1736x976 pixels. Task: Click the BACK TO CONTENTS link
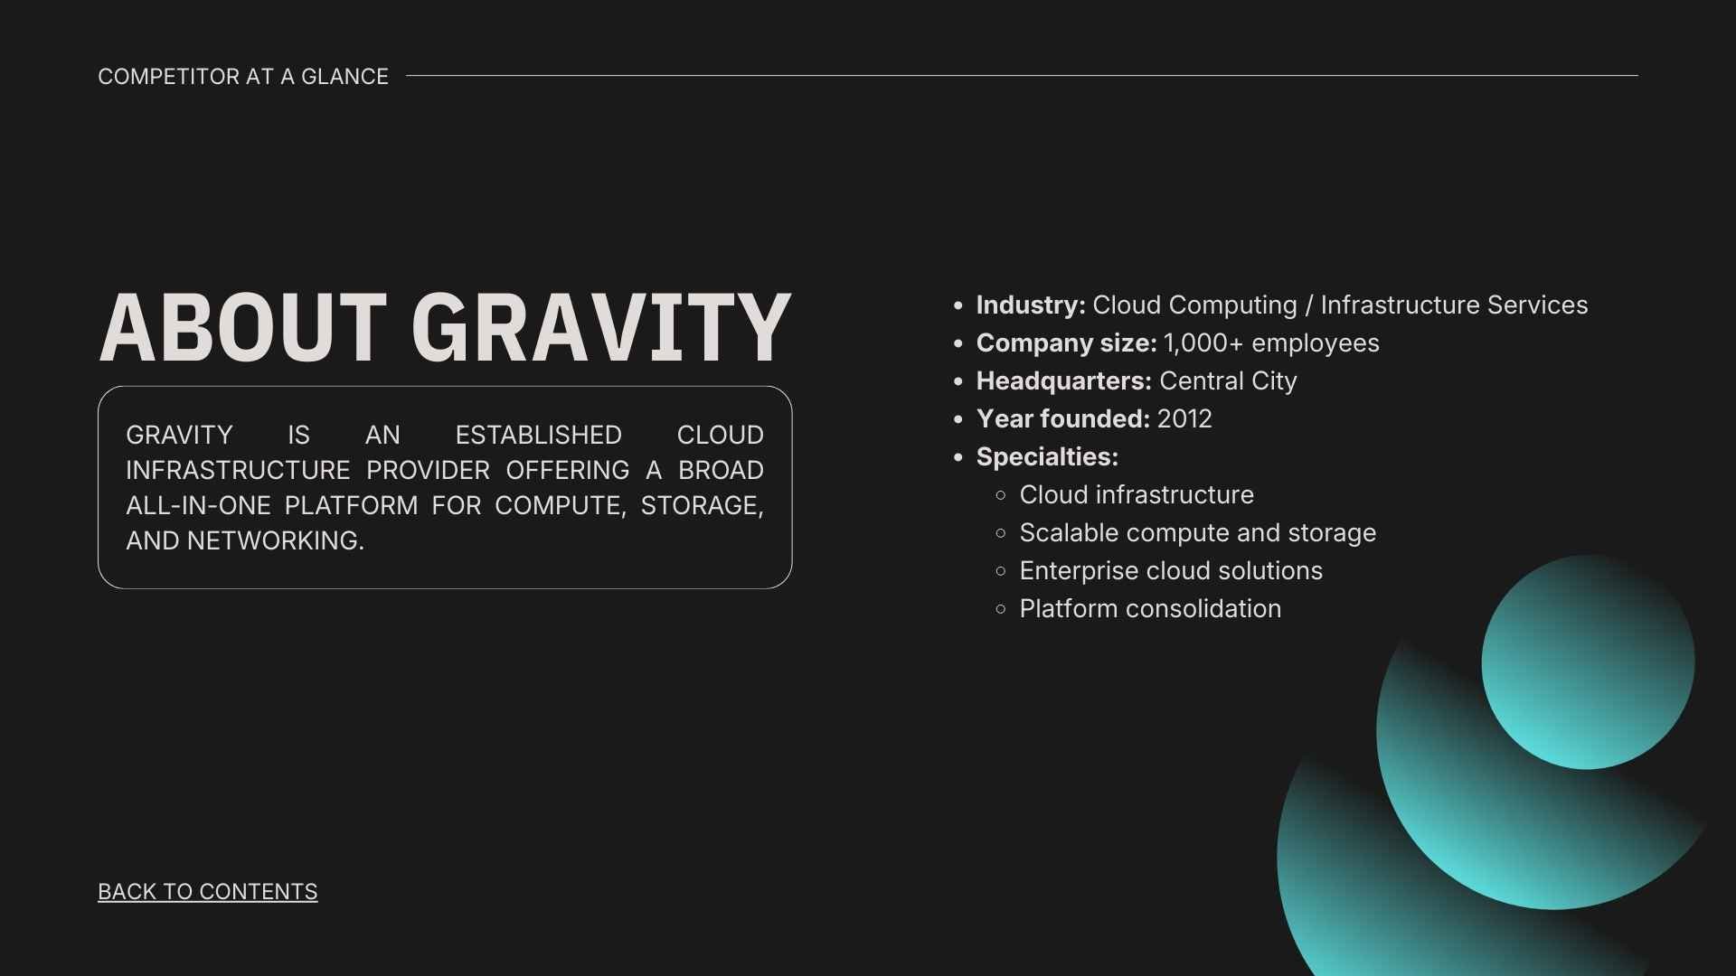pyautogui.click(x=207, y=892)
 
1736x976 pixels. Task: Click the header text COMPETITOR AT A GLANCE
pyautogui.click(x=242, y=77)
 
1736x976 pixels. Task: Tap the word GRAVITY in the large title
pyautogui.click(x=600, y=328)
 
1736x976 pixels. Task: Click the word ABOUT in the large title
pyautogui.click(x=242, y=328)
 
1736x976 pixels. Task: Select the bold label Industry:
pyautogui.click(x=1030, y=305)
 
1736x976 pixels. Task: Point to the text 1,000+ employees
pyautogui.click(x=1270, y=343)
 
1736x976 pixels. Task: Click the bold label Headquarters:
pyautogui.click(x=1063, y=381)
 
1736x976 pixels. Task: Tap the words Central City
pyautogui.click(x=1227, y=381)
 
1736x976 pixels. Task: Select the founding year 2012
pyautogui.click(x=1184, y=419)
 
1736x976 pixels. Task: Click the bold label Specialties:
pyautogui.click(x=1046, y=457)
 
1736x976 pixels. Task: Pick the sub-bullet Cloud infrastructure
pyautogui.click(x=1136, y=495)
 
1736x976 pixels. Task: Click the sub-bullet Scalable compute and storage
pyautogui.click(x=1197, y=533)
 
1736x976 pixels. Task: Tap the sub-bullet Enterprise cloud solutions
pyautogui.click(x=1170, y=571)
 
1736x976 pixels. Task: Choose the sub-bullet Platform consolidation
pyautogui.click(x=1149, y=609)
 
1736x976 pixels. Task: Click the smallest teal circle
pyautogui.click(x=1587, y=662)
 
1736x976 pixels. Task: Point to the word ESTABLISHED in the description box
pyautogui.click(x=538, y=436)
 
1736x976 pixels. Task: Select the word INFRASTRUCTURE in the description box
pyautogui.click(x=238, y=471)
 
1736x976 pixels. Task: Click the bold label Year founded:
pyautogui.click(x=1062, y=419)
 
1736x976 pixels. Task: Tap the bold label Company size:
pyautogui.click(x=1066, y=343)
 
